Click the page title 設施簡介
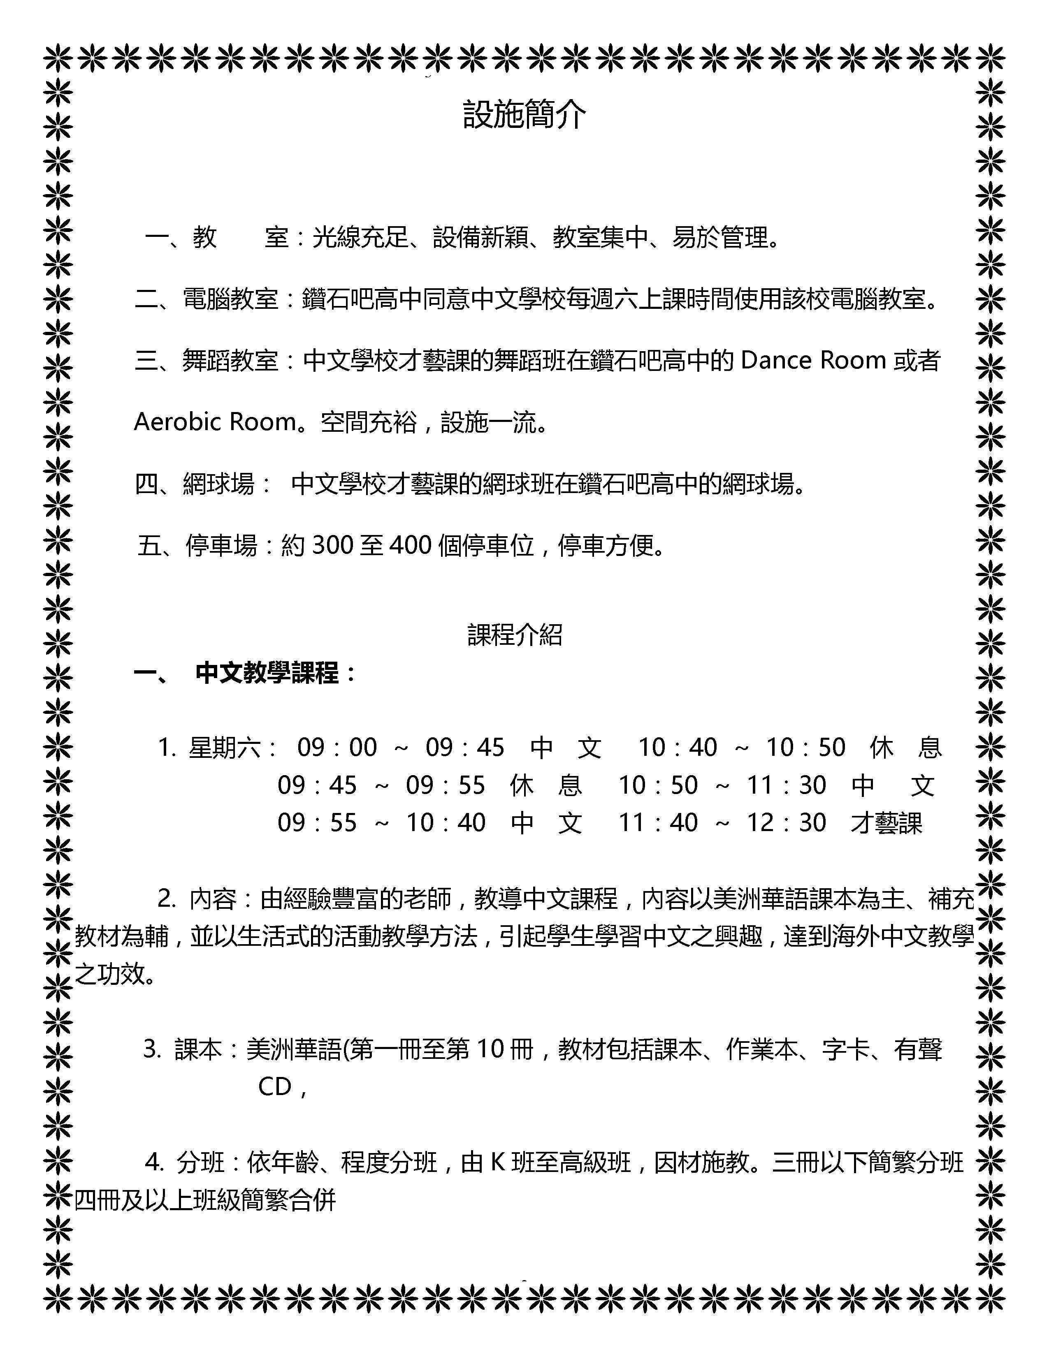click(x=524, y=115)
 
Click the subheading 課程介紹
click(x=515, y=635)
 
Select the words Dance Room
click(x=813, y=360)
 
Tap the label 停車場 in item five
click(x=221, y=546)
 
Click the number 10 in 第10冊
click(x=490, y=1049)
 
